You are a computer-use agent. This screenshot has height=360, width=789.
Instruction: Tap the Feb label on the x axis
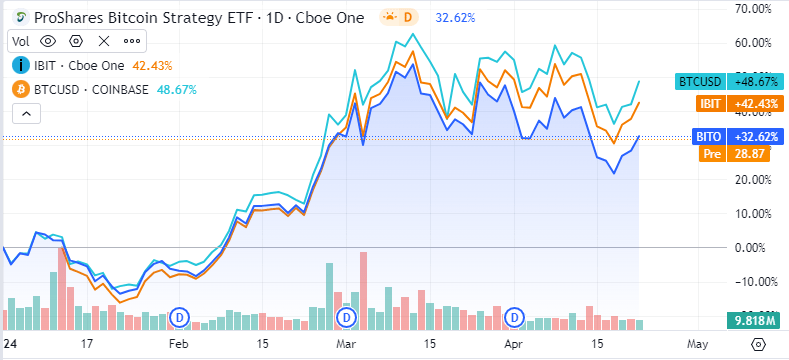tap(178, 343)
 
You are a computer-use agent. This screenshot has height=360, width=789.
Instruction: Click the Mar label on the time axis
tap(346, 343)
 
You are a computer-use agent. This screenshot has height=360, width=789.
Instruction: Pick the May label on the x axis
tap(697, 343)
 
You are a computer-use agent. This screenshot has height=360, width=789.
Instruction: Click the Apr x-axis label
tap(513, 343)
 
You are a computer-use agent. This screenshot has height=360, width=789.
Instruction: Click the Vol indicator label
tap(22, 41)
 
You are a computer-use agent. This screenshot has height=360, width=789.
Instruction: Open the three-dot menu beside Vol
tap(132, 41)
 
